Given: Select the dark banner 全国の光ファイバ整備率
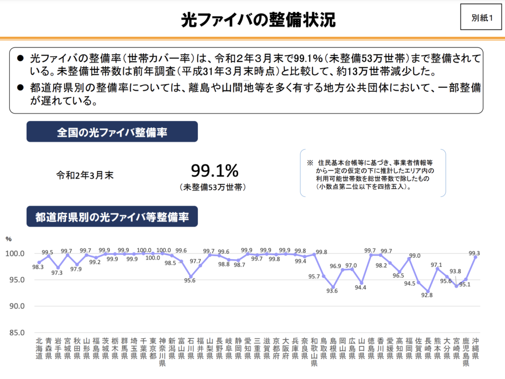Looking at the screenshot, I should [x=112, y=132].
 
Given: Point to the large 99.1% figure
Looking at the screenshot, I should [x=215, y=171].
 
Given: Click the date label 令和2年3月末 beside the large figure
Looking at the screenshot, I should [x=85, y=174].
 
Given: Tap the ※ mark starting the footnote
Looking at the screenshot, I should [x=310, y=163].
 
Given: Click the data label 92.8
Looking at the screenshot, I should [x=427, y=296].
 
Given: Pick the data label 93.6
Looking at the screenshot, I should [x=332, y=291].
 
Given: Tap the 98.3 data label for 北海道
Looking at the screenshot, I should [x=37, y=267].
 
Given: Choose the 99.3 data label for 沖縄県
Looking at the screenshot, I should [x=474, y=253].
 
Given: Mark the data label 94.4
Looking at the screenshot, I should [x=361, y=288].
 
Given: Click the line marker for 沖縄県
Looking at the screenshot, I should [x=475, y=257].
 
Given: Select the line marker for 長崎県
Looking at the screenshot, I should [x=428, y=291].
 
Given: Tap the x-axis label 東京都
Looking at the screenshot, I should [x=153, y=348].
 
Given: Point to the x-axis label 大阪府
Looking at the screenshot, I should [x=286, y=348].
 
